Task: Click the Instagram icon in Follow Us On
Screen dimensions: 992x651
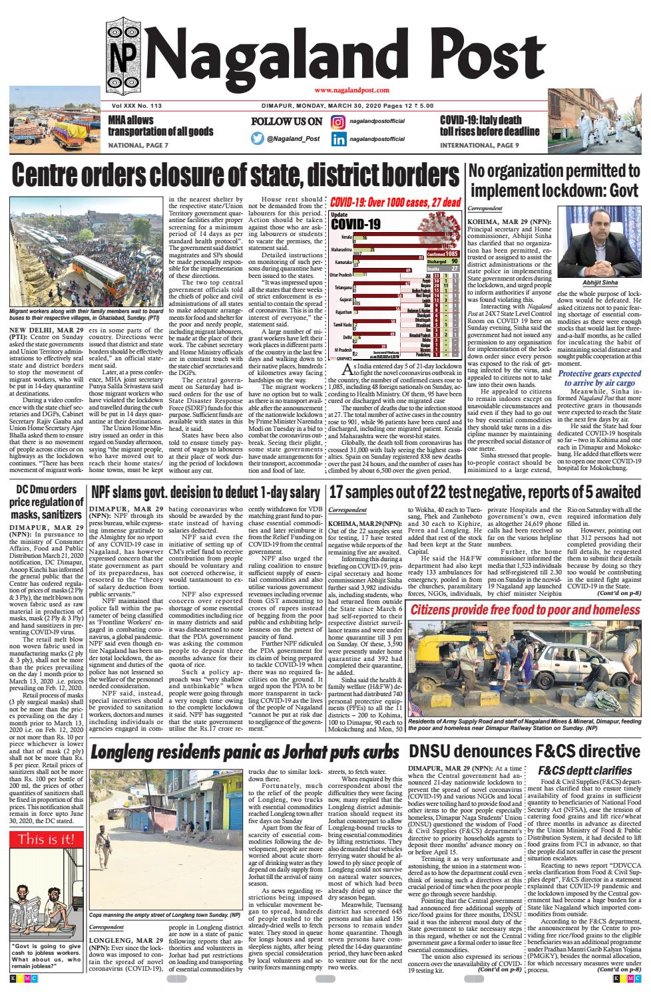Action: (x=338, y=122)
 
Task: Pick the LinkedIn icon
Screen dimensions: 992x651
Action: (x=338, y=139)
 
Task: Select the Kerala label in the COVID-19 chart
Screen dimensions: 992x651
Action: (x=345, y=237)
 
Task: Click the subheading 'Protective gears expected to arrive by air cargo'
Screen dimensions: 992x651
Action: (x=599, y=380)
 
